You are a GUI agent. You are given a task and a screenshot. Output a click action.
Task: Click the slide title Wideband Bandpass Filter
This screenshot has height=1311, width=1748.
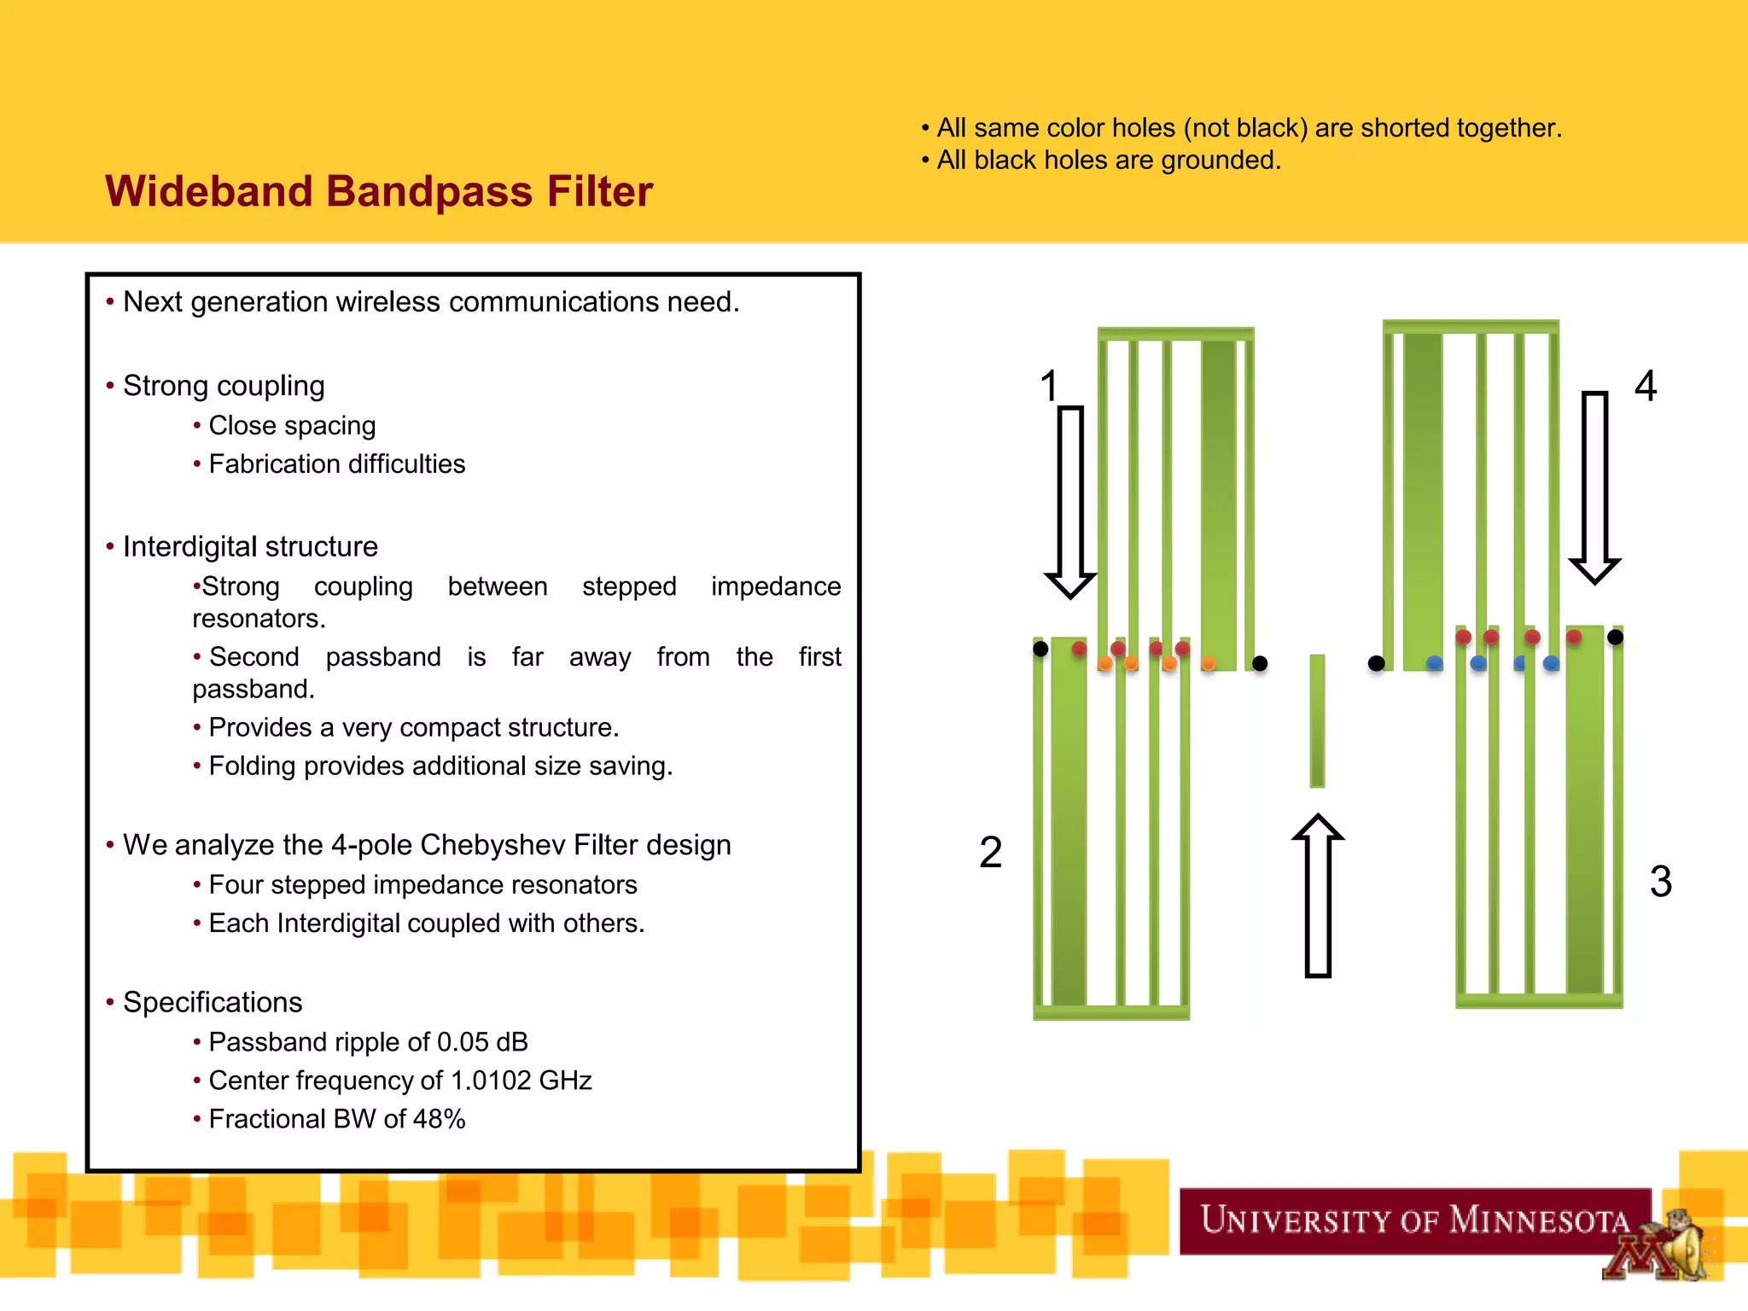(x=378, y=191)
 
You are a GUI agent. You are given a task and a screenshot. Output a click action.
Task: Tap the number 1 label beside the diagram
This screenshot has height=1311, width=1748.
(x=1049, y=386)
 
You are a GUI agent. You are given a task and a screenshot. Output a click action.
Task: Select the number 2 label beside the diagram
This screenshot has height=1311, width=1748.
(x=990, y=853)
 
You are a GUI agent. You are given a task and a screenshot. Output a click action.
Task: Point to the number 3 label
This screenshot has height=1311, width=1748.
(x=1660, y=882)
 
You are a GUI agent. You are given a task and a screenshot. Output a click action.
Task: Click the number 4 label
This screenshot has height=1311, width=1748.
(x=1646, y=386)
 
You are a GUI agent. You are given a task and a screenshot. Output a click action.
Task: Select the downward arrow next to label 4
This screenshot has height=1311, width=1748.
(x=1594, y=487)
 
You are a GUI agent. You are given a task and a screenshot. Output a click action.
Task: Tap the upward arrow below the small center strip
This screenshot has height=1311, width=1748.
(x=1318, y=895)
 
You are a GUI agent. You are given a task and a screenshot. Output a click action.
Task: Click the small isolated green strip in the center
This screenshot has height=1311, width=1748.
(x=1317, y=720)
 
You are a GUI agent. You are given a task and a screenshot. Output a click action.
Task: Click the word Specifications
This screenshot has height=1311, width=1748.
(x=213, y=1002)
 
